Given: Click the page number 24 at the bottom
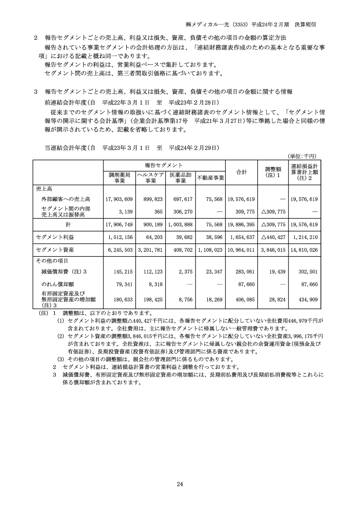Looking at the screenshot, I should tap(180, 484).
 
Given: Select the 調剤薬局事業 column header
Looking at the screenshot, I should tap(120, 177).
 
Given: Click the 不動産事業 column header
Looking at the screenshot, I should tap(211, 178).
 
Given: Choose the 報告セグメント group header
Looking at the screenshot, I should tap(164, 165).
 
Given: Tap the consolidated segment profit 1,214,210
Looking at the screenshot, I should tap(304, 237).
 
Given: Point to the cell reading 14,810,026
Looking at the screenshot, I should tap(303, 250).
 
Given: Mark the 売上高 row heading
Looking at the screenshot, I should tap(44, 188).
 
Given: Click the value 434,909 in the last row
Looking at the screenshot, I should tap(308, 300).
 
